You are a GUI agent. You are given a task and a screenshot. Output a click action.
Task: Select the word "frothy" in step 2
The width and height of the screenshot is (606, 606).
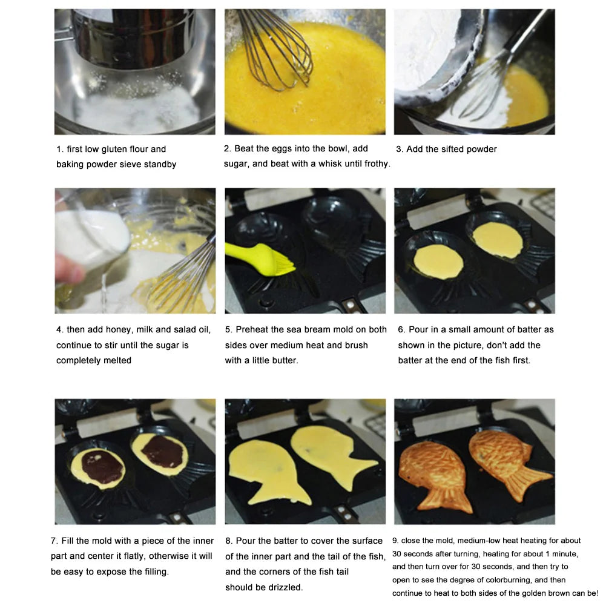click(x=377, y=164)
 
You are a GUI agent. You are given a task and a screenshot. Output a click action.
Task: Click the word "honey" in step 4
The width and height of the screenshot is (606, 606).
click(x=120, y=330)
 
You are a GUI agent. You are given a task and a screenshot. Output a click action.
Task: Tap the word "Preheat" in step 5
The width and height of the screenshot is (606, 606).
click(x=252, y=330)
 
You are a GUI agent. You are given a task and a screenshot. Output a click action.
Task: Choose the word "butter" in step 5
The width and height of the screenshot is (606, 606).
click(x=285, y=361)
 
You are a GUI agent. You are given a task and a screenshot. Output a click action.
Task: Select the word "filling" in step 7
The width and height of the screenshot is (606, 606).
click(x=154, y=572)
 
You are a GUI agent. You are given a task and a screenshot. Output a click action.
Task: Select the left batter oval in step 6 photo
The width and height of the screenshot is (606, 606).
click(x=438, y=262)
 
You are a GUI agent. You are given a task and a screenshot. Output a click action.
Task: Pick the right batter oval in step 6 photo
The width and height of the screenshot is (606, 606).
click(x=498, y=240)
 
